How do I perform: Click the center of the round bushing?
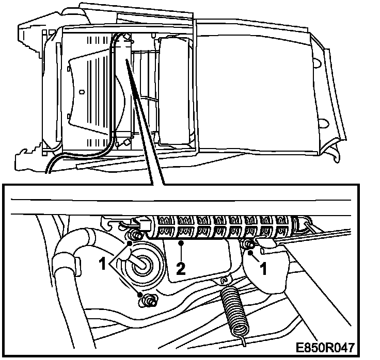click(x=139, y=261)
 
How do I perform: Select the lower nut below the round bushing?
click(x=148, y=299)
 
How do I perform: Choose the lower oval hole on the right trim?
click(x=324, y=124)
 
